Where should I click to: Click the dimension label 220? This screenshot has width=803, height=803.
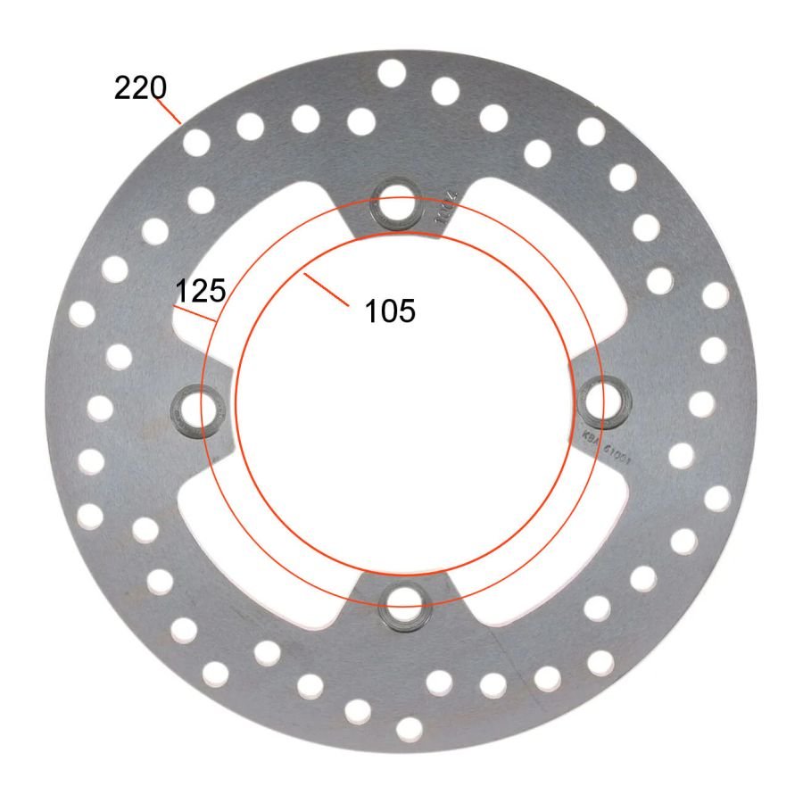pyautogui.click(x=140, y=88)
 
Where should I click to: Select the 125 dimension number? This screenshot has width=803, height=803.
pyautogui.click(x=200, y=291)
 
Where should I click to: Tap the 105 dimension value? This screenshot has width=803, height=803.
pyautogui.click(x=390, y=311)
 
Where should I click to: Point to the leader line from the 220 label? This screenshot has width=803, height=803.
pyautogui.click(x=170, y=110)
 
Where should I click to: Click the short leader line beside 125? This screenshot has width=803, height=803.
pyautogui.click(x=195, y=313)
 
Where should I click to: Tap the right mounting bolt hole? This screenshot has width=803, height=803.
pyautogui.click(x=606, y=397)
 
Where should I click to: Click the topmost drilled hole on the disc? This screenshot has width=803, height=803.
pyautogui.click(x=391, y=73)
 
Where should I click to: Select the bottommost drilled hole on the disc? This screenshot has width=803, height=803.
pyautogui.click(x=409, y=729)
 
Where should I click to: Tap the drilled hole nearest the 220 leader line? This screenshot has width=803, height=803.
pyautogui.click(x=195, y=142)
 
